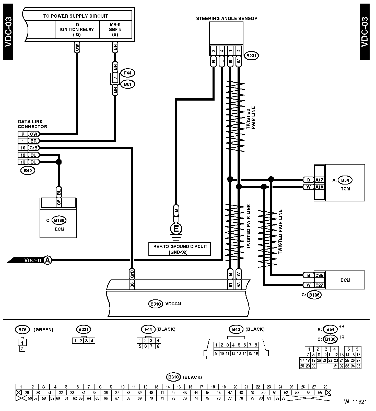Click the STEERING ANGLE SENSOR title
click(x=227, y=18)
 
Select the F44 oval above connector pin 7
click(x=127, y=73)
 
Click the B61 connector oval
click(x=127, y=84)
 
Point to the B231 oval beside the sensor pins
click(x=251, y=56)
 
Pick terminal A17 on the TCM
click(x=319, y=180)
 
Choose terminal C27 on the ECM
click(x=319, y=285)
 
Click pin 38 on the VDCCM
click(x=132, y=285)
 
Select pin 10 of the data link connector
click(x=23, y=148)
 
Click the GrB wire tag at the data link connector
click(x=33, y=148)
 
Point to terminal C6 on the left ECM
click(x=59, y=202)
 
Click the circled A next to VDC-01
click(x=48, y=260)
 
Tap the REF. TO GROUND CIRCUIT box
click(x=180, y=249)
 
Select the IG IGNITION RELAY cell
click(x=77, y=29)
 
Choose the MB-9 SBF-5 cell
click(x=115, y=29)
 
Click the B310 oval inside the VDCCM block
click(x=155, y=304)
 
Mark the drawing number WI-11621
click(x=355, y=402)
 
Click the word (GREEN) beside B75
click(x=43, y=330)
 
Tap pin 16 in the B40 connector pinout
click(x=256, y=353)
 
